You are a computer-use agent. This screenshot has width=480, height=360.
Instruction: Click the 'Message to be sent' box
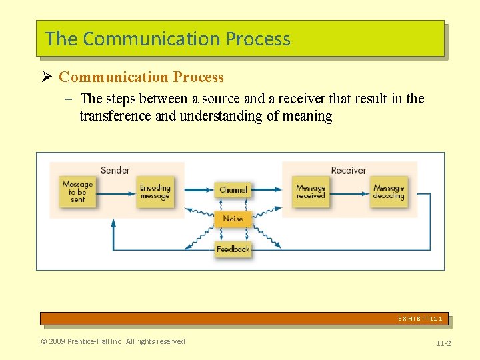click(78, 191)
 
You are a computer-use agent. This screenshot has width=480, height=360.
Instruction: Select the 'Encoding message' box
click(155, 192)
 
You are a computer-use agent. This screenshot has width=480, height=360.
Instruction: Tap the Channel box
click(233, 190)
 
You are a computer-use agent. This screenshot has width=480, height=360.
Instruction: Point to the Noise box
click(233, 219)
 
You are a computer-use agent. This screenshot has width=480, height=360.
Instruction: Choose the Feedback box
click(233, 249)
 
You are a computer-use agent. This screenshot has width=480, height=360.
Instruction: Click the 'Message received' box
click(311, 192)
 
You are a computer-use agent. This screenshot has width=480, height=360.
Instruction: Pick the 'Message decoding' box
click(389, 192)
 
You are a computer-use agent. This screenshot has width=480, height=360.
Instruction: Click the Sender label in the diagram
click(115, 170)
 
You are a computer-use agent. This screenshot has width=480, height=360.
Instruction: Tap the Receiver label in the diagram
click(349, 170)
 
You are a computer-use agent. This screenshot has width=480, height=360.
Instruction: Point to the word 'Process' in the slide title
click(258, 39)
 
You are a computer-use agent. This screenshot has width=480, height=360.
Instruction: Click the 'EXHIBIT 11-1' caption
click(420, 319)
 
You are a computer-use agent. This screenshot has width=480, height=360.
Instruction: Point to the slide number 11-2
click(443, 343)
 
